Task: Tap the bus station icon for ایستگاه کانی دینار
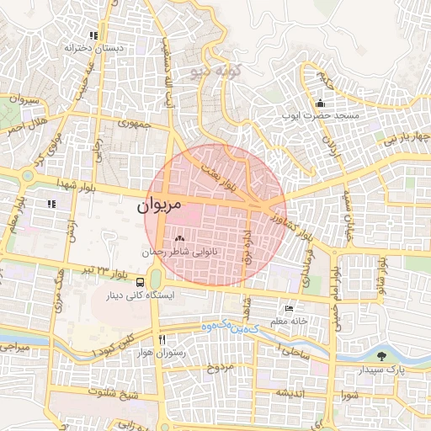tap(139, 281)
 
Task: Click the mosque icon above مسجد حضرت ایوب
tap(320, 104)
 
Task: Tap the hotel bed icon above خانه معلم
tap(290, 309)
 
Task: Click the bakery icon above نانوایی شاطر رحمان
tap(178, 239)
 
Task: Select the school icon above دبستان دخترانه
tap(94, 35)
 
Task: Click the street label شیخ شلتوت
tap(113, 392)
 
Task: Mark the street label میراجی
tap(14, 346)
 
